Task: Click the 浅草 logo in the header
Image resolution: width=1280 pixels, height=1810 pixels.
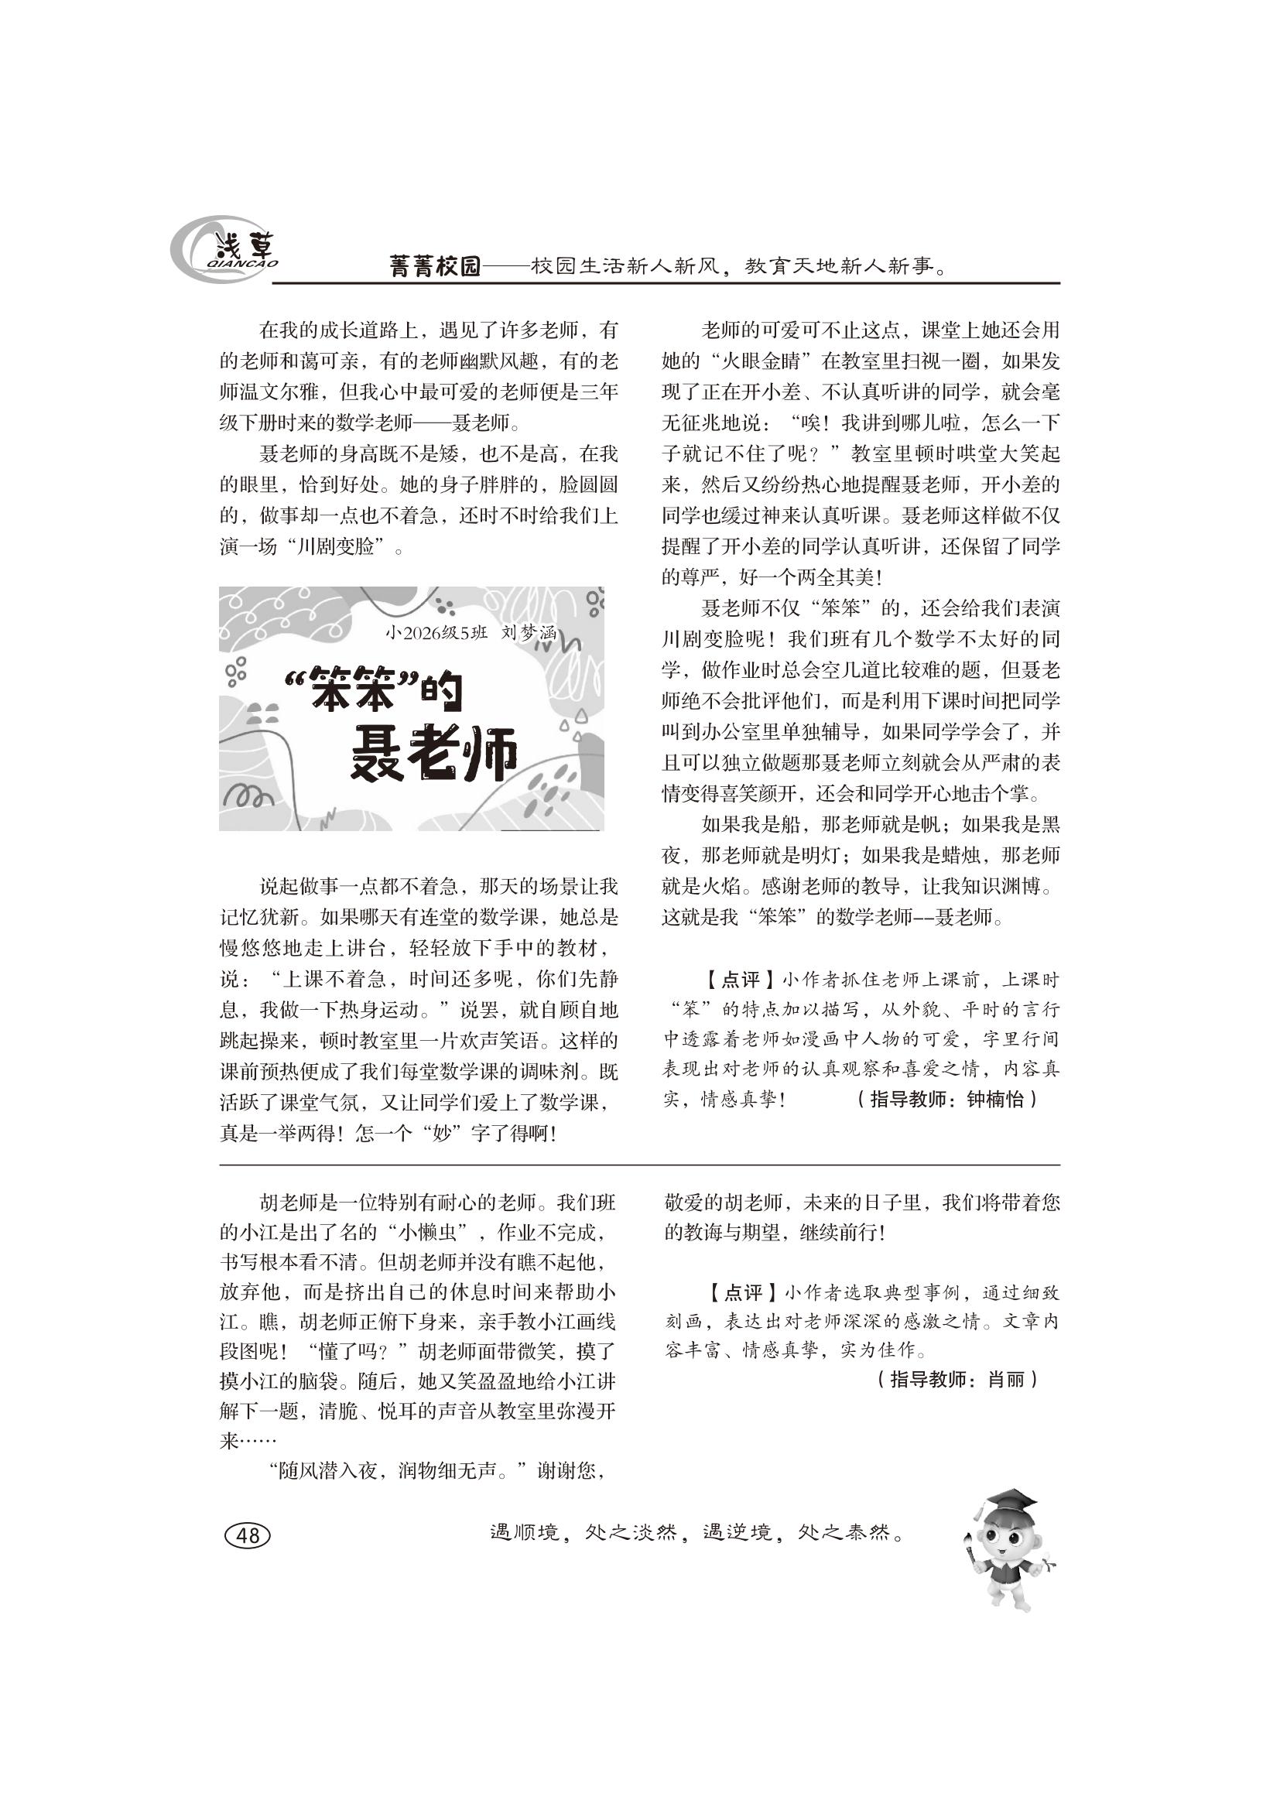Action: pos(225,251)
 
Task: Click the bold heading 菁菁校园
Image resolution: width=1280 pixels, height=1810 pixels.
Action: pos(435,266)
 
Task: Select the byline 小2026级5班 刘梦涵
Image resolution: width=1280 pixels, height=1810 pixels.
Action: pos(471,631)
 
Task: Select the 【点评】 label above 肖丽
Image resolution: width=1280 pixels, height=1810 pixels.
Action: pos(732,1293)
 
